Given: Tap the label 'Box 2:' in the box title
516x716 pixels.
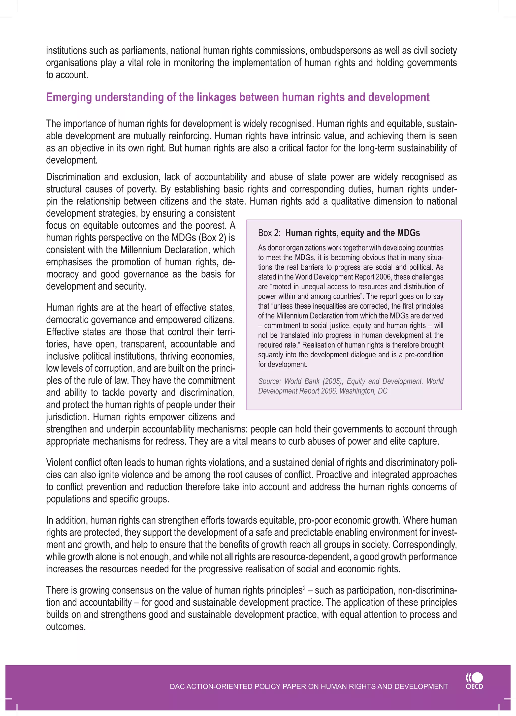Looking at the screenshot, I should pyautogui.click(x=269, y=233).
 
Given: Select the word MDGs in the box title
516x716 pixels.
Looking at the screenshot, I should pyautogui.click(x=408, y=233).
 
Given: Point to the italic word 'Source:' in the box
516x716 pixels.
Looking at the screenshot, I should pyautogui.click(x=269, y=381).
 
